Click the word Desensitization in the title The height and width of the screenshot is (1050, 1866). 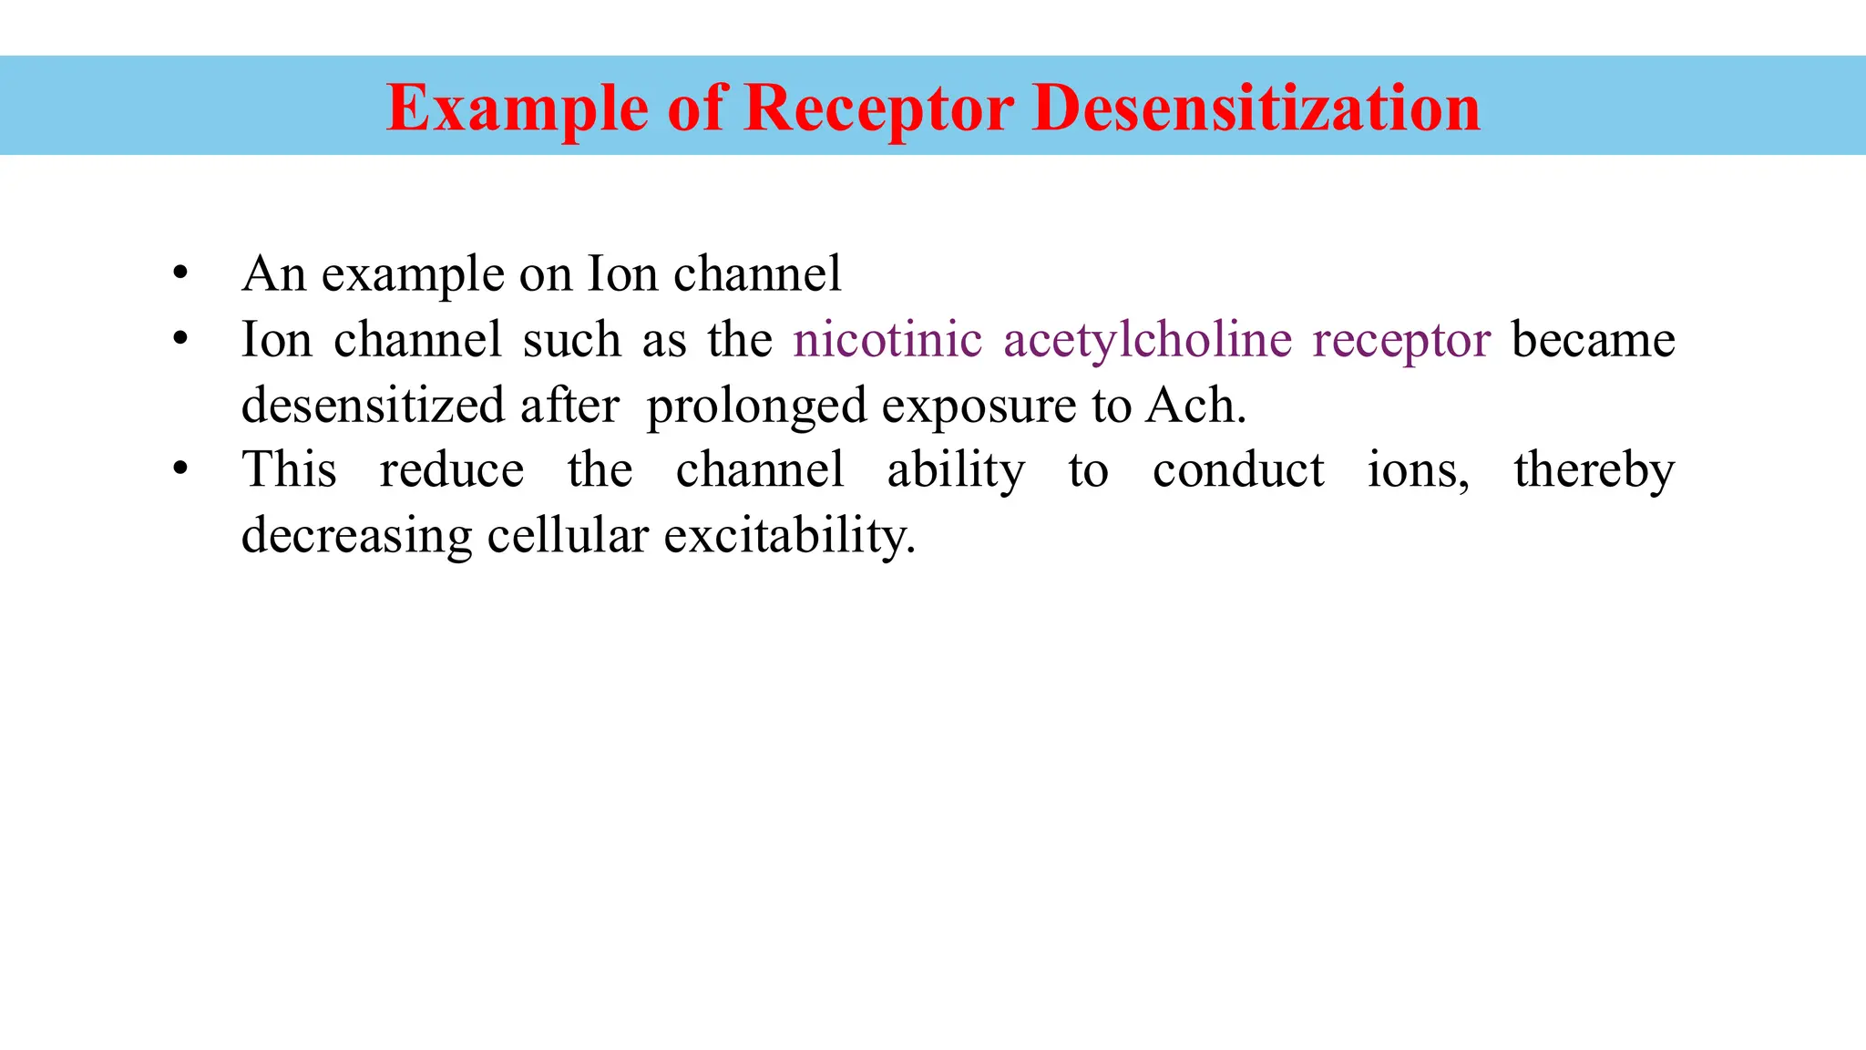point(1256,108)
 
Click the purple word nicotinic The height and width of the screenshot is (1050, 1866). point(887,339)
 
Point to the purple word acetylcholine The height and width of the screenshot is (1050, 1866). point(1148,341)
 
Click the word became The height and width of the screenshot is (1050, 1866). point(1593,339)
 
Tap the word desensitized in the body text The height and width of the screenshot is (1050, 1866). point(373,405)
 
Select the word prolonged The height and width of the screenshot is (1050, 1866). point(756,407)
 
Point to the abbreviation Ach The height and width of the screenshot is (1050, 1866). point(1194,405)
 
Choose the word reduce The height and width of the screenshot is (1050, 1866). point(452,470)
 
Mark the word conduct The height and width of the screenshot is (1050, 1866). point(1238,470)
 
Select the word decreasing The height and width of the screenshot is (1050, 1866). point(356,536)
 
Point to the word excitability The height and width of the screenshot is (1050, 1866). point(789,536)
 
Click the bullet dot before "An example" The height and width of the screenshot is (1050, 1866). point(180,273)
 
